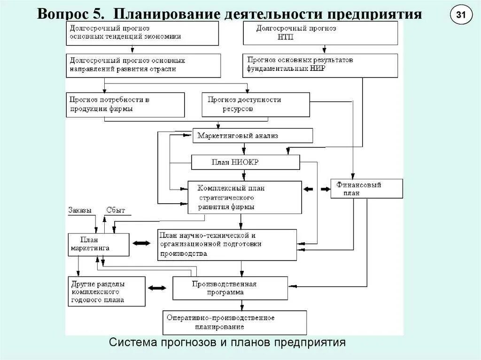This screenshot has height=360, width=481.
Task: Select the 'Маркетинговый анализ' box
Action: coord(253,136)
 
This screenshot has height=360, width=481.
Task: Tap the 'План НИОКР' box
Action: coord(245,162)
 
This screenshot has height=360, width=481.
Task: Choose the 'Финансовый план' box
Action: coord(366,189)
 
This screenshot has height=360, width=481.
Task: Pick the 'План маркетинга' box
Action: coord(99,245)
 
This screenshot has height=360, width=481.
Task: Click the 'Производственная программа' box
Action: coord(230,288)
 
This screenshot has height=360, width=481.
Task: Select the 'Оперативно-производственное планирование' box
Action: coord(234,322)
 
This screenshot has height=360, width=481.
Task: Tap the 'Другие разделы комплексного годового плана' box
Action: coord(106,291)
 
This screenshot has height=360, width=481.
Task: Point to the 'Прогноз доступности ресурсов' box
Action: coord(256,104)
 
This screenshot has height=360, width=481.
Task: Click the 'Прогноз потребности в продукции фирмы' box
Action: coord(125,104)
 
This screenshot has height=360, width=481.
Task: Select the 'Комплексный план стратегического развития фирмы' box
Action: coord(244,197)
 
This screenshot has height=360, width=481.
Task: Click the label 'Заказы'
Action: coord(80,210)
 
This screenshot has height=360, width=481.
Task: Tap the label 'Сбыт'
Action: coord(116,210)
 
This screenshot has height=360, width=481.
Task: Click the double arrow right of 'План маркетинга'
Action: coord(141,243)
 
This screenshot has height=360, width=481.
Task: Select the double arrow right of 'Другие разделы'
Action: coord(157,287)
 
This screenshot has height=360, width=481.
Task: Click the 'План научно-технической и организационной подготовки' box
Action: coord(227,245)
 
